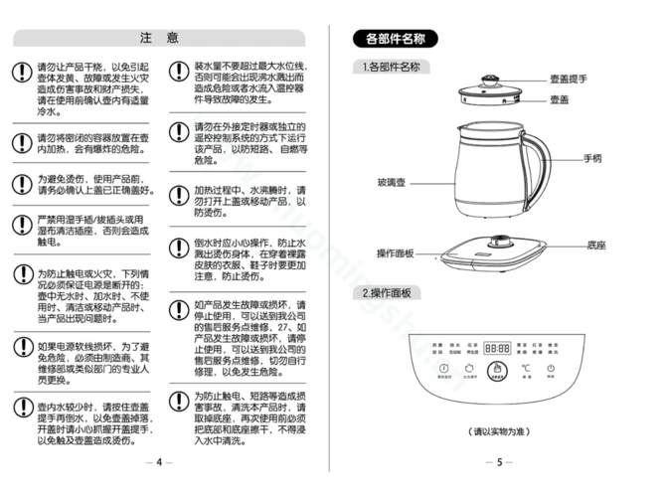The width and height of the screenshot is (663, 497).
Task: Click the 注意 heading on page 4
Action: (x=160, y=38)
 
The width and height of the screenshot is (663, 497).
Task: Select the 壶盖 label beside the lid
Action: (x=559, y=99)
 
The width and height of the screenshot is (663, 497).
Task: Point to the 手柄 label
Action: (x=593, y=158)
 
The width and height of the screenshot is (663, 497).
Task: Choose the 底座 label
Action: (x=596, y=244)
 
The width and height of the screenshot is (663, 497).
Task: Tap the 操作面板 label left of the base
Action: (x=395, y=253)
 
